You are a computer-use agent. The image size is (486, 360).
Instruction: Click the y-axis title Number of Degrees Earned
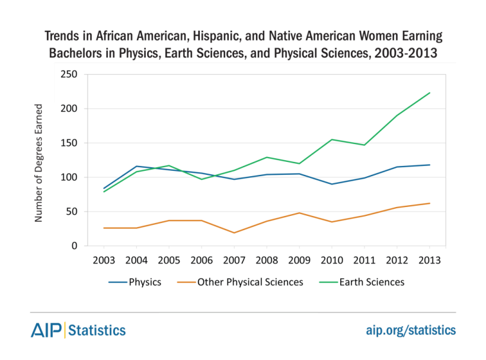point(39,163)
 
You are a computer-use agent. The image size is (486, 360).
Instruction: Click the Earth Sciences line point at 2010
point(332,139)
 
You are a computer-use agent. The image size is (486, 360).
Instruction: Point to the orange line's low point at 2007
point(234,232)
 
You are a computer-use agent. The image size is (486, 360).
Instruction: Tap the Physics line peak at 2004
point(136,166)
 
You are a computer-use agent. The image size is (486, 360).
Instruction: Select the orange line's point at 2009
point(299,213)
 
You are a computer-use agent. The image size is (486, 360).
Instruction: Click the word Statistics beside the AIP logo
point(98,330)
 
